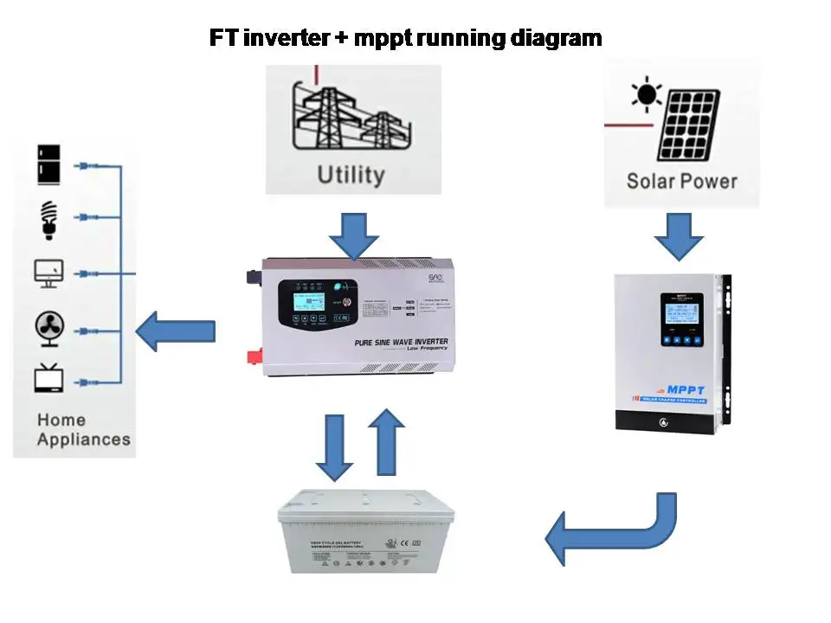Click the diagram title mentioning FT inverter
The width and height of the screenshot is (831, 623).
click(405, 39)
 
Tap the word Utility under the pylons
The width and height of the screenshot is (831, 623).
click(351, 175)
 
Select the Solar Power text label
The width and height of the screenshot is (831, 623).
click(681, 181)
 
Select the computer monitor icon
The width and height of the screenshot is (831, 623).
click(48, 273)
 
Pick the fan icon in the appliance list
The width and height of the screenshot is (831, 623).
click(48, 329)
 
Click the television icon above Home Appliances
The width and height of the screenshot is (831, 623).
click(48, 379)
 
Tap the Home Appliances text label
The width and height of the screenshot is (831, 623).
click(83, 429)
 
